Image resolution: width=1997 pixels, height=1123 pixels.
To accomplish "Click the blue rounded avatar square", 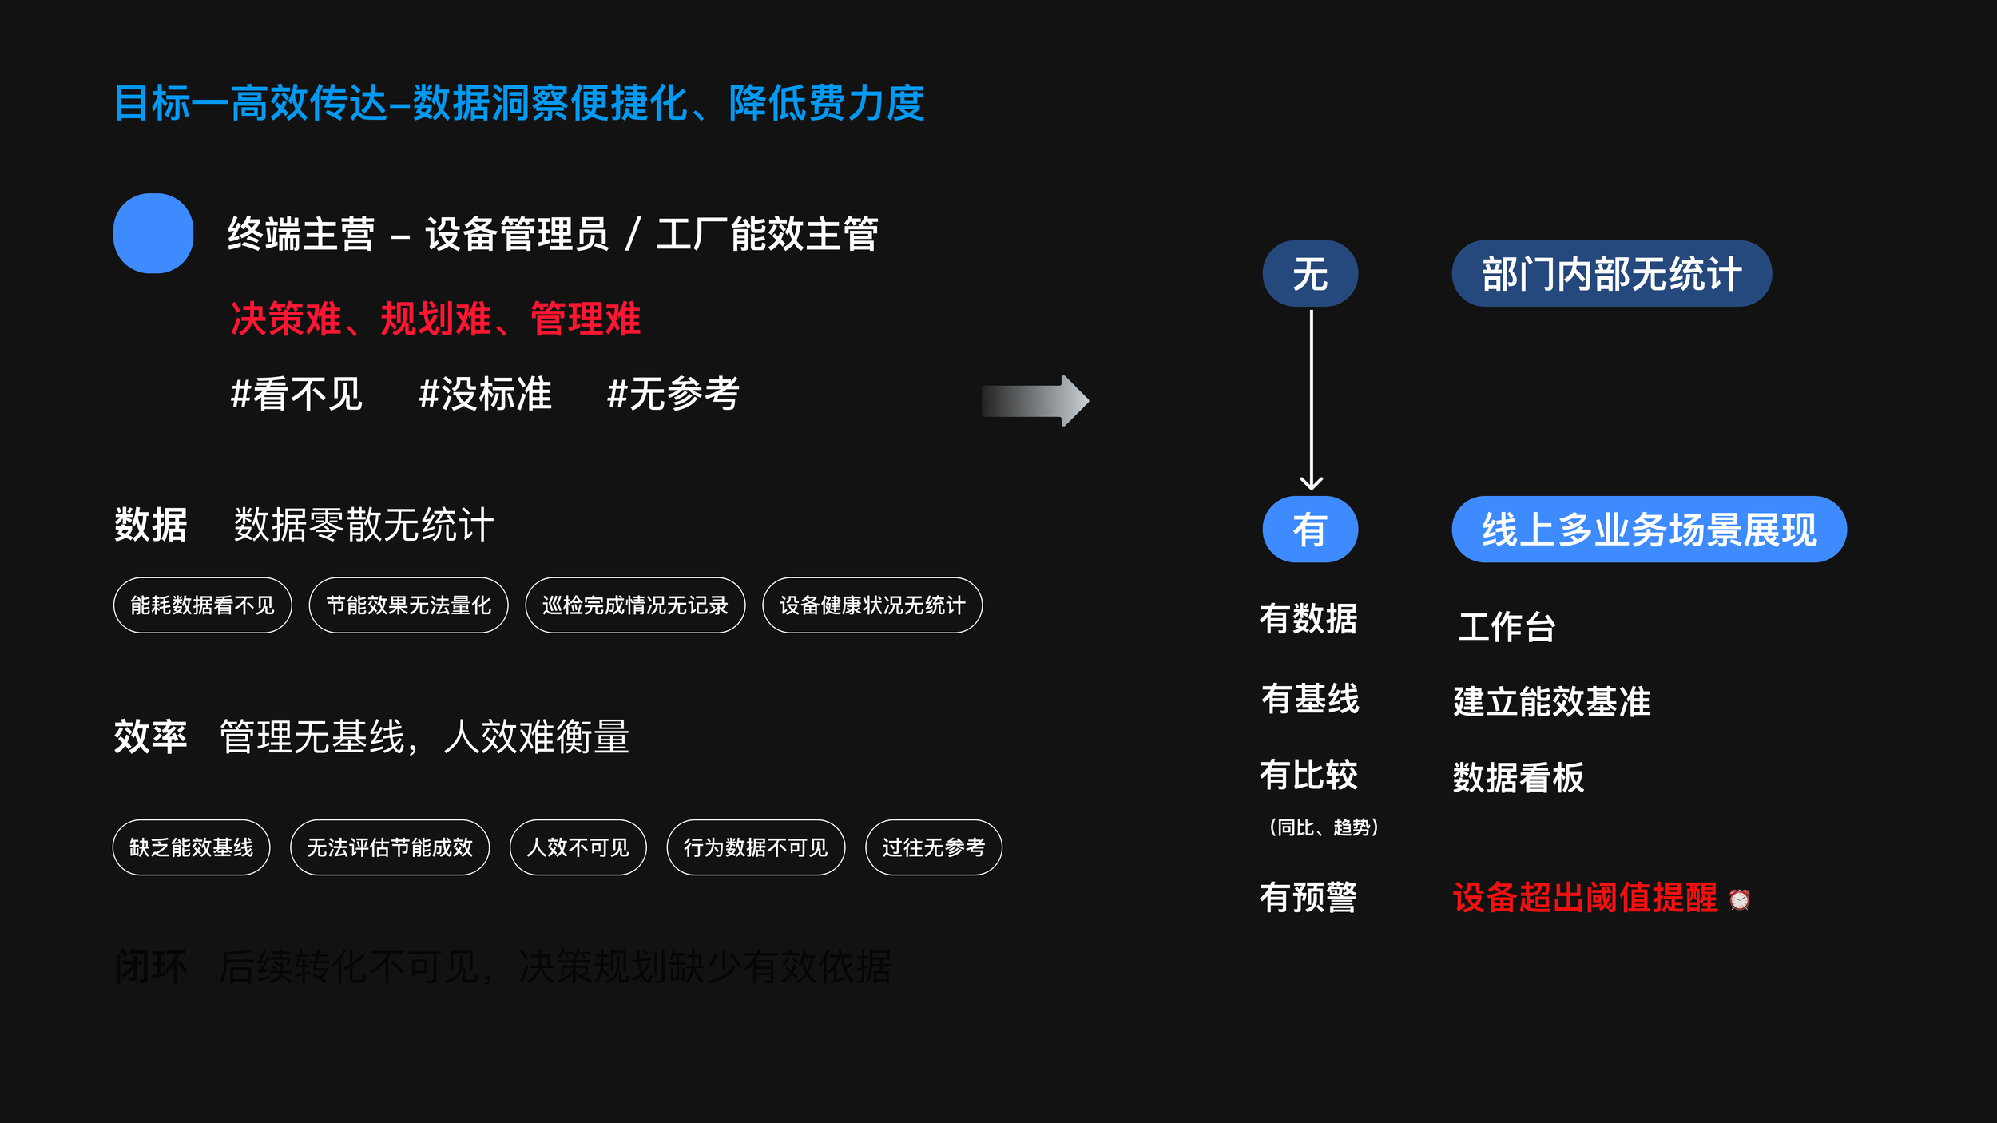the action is click(153, 233).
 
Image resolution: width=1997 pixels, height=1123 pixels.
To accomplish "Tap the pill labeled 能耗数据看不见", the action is click(202, 605).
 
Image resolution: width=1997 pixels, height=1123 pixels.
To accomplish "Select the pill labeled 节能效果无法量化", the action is click(408, 605).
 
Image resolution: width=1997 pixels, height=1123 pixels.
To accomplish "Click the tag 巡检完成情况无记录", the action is click(635, 605).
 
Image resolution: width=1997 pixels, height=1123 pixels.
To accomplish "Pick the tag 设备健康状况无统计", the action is click(872, 605).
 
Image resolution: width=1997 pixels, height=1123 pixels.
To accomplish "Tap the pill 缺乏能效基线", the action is click(191, 847).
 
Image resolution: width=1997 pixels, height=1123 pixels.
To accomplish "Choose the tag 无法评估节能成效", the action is click(390, 847).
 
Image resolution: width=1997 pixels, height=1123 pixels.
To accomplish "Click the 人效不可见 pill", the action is click(578, 847).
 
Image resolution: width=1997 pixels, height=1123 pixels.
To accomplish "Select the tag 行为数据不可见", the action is click(756, 847).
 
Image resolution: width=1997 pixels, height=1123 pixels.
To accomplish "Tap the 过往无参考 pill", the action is click(933, 847).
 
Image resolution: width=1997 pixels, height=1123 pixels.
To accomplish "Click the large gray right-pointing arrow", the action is click(1035, 401).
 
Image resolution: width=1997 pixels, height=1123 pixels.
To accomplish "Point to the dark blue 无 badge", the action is click(1310, 274).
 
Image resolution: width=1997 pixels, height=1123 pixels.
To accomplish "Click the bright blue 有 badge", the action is click(1310, 530).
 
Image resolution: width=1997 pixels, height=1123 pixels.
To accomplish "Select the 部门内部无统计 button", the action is click(1611, 274).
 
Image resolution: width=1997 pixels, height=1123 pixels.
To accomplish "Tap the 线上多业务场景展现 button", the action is click(1649, 530).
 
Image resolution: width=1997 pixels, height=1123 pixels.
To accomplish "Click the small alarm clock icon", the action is click(1739, 900).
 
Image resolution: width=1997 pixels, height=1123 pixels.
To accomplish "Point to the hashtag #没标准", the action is click(486, 395).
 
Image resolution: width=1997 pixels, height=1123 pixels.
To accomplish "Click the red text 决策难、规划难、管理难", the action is click(435, 319).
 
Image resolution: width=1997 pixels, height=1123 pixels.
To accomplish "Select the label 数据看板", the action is click(1518, 778).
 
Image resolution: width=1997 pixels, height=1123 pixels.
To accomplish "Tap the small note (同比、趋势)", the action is click(1324, 827).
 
